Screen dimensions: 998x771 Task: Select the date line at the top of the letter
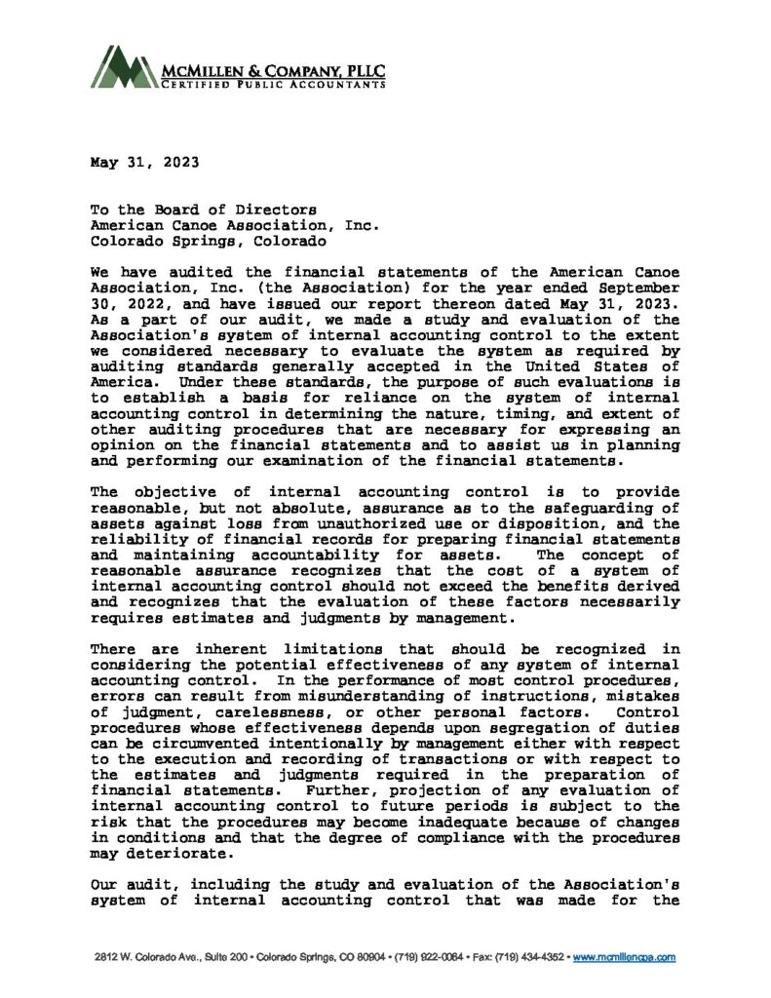(x=139, y=162)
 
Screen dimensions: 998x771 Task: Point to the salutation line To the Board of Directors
(x=204, y=209)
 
